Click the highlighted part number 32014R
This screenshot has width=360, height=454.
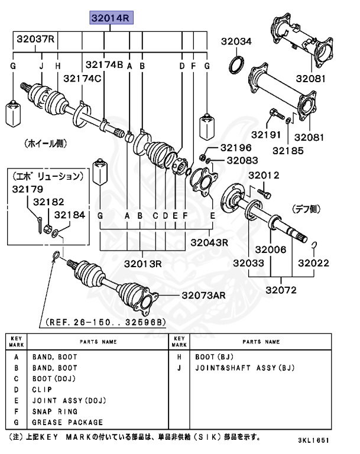point(111,19)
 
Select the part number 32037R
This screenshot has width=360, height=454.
point(35,40)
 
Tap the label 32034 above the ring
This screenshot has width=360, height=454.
point(236,41)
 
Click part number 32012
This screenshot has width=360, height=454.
point(263,175)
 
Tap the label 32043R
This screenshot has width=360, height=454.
point(210,242)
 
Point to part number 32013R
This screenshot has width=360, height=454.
point(142,263)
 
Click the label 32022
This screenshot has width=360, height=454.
point(313,263)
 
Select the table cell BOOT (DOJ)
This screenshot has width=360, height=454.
point(53,378)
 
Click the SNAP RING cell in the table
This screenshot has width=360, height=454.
point(55,411)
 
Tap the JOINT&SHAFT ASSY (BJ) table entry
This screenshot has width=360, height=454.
point(245,368)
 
